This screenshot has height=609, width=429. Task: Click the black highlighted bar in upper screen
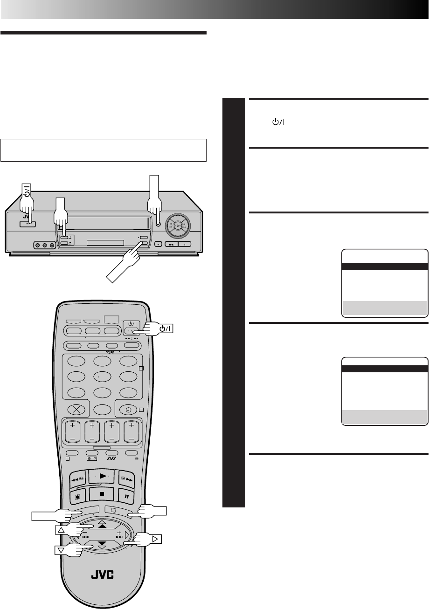[x=385, y=267]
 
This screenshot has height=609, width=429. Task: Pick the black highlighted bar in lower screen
[x=385, y=368]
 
